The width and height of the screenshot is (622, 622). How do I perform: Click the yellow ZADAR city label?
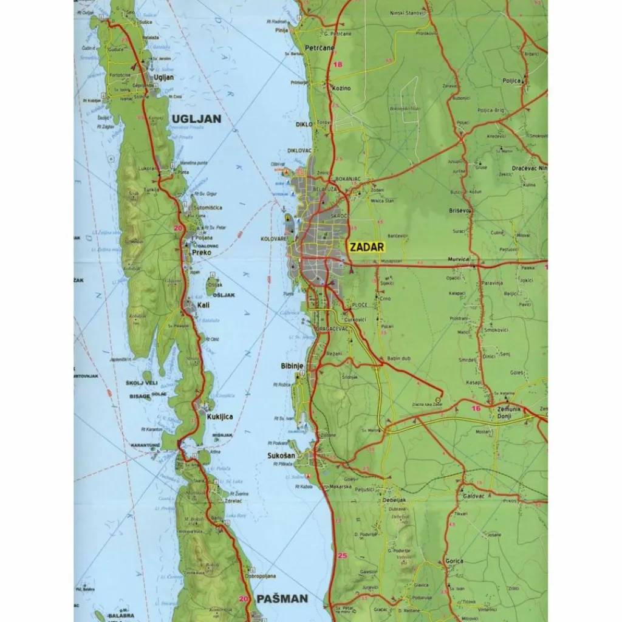point(366,247)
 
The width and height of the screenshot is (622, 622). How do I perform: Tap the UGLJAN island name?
point(196,119)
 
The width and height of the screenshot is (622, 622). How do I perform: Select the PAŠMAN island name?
point(282,598)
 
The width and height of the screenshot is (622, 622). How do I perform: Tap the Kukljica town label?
point(220,417)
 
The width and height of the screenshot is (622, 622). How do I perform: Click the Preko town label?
point(201,252)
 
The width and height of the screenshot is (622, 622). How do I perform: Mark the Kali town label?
point(204,305)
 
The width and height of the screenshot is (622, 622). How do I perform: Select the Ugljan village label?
point(164,77)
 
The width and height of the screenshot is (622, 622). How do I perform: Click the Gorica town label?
point(454,561)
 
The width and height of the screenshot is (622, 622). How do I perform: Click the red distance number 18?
point(338,64)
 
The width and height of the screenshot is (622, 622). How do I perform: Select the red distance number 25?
point(342,555)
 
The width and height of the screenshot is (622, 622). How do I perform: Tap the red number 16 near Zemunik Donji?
point(476,409)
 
